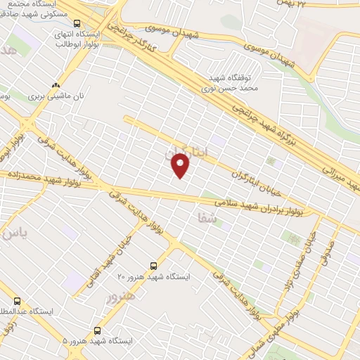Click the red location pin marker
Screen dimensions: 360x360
[181, 165]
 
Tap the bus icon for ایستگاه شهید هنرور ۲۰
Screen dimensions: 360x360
[154, 266]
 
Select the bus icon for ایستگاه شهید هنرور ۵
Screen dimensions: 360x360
[96, 329]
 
